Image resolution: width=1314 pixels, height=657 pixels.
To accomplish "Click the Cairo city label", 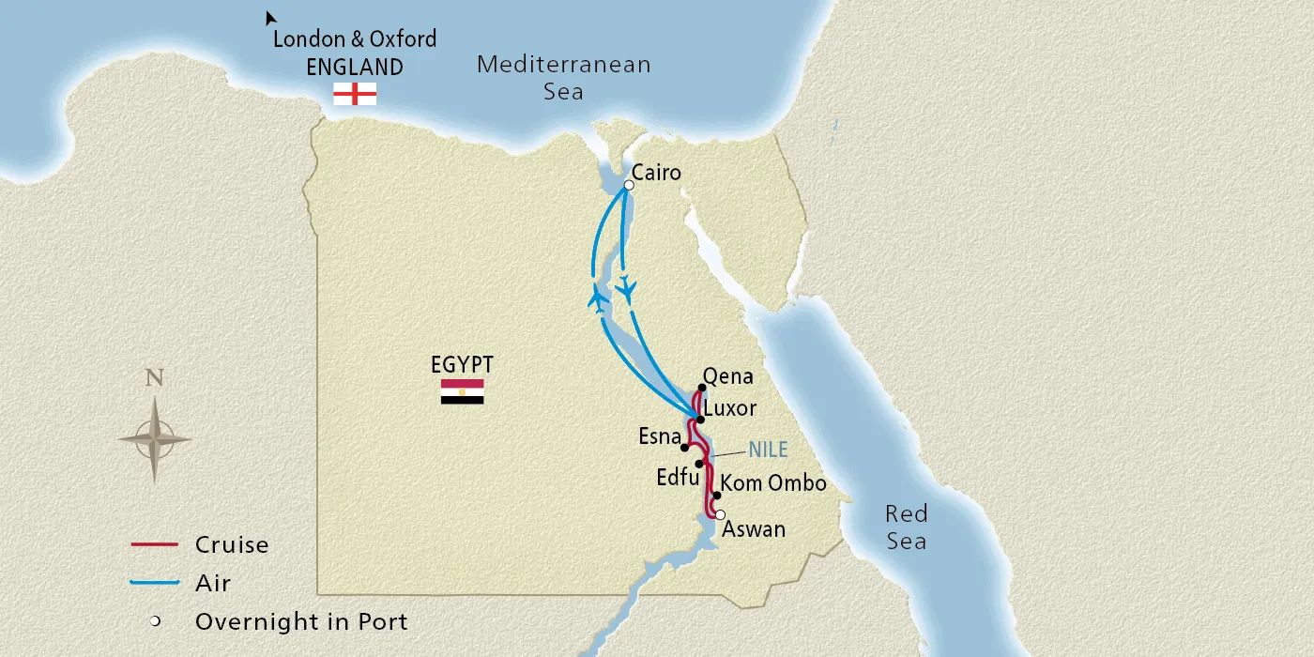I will point(656,173).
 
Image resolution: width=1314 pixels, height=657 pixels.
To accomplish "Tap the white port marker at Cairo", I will point(629,186).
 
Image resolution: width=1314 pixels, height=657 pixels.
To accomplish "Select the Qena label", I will point(728,376).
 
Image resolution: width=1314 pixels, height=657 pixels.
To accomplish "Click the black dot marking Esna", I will point(685,448).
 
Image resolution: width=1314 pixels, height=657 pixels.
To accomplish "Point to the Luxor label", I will point(729,409).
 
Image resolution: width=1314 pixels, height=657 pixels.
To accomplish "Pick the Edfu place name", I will point(677,477).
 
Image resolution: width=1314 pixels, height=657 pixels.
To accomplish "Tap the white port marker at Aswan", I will point(720,514).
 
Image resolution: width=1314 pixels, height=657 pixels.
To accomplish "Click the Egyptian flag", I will point(462,391).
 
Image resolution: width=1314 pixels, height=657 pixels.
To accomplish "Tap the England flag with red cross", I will point(355,93).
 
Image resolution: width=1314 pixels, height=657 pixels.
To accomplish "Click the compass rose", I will point(155,438).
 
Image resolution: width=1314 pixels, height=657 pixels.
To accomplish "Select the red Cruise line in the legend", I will point(154,544).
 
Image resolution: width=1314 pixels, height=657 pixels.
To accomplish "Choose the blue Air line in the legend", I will point(154,583).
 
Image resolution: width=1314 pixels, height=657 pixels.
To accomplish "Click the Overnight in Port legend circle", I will point(155,621).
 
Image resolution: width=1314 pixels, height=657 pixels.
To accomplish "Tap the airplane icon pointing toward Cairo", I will point(598,298).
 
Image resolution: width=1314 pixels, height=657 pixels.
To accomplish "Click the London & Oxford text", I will point(355,39).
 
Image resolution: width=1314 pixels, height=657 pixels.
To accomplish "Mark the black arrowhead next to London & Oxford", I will point(270,18).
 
